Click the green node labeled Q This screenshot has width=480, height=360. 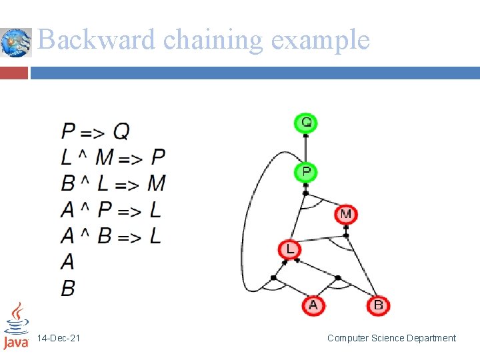pyautogui.click(x=305, y=123)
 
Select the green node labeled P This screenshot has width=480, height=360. pyautogui.click(x=305, y=172)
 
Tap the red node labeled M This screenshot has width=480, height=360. pyautogui.click(x=345, y=214)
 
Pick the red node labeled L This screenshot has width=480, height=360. pyautogui.click(x=290, y=249)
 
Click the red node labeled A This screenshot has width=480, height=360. pyautogui.click(x=313, y=305)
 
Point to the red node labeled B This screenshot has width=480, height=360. pyautogui.click(x=378, y=305)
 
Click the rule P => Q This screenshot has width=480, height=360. pyautogui.click(x=95, y=131)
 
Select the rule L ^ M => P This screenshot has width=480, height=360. pyautogui.click(x=113, y=157)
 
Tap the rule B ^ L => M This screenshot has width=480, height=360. pyautogui.click(x=113, y=183)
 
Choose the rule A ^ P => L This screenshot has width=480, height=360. pyautogui.click(x=111, y=210)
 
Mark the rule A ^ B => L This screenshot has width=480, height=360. pyautogui.click(x=111, y=236)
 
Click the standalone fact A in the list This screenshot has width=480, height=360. pyautogui.click(x=67, y=262)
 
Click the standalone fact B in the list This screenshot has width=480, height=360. pyautogui.click(x=68, y=288)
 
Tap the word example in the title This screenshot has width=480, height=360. pyautogui.click(x=320, y=40)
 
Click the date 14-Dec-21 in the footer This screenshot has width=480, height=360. pyautogui.click(x=59, y=339)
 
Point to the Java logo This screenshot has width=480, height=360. pyautogui.click(x=16, y=326)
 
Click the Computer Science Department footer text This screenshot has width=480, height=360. pyautogui.click(x=391, y=339)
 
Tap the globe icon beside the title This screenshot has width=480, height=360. pyautogui.click(x=16, y=43)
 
